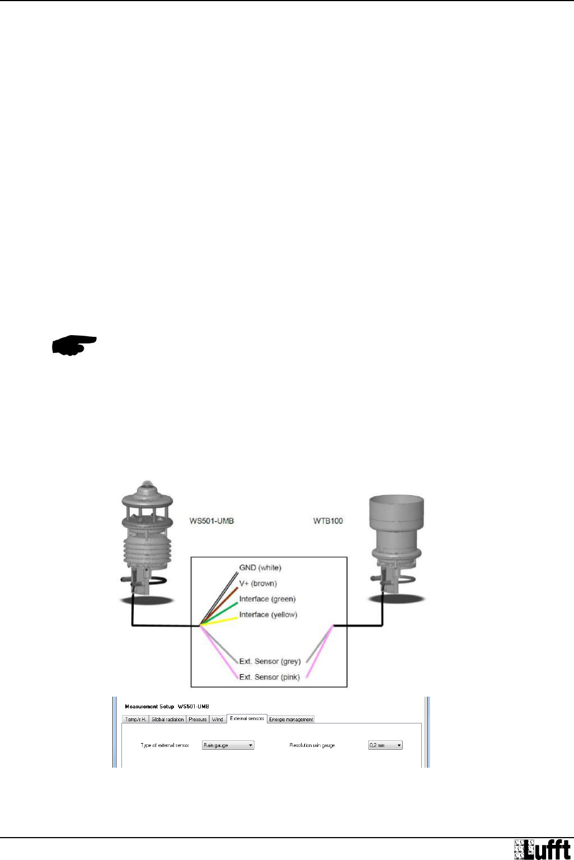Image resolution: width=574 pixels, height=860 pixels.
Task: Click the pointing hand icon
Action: coord(74,345)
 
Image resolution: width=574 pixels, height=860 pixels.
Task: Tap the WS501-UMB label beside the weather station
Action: coord(211,521)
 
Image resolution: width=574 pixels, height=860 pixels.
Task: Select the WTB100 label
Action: coord(328,521)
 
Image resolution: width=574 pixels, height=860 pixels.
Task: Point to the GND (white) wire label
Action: coord(260,567)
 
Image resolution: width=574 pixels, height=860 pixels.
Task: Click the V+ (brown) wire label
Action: coord(258,583)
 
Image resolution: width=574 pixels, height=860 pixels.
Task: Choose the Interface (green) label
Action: coord(267,599)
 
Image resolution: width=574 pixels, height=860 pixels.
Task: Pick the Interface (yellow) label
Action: coord(268,614)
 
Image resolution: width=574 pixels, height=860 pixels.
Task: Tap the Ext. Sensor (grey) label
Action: coord(270,661)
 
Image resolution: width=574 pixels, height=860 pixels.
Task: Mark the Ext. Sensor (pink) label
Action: coord(269,677)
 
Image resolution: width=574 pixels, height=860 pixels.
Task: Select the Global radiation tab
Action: coord(167,720)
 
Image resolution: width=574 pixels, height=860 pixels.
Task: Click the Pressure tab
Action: coord(197,720)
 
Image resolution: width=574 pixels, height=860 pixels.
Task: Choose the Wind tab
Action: coord(218,720)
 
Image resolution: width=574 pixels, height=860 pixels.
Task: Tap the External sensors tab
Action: coord(247,718)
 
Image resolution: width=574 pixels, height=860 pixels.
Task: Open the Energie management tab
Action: coord(291,720)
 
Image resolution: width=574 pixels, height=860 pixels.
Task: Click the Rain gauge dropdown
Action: coord(228,745)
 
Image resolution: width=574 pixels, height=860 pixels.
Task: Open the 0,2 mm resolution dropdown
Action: coord(385,745)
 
